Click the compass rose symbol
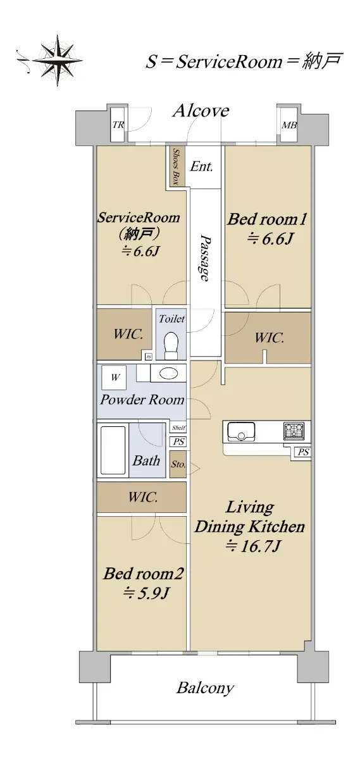coord(58,60)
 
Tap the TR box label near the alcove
coord(118,125)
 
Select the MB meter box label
coord(289,125)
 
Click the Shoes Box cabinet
coord(176,166)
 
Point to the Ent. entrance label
coord(201,166)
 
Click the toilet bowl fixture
coord(171,345)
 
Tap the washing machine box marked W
coord(115,377)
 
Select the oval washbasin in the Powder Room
coord(168,374)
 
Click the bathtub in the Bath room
coord(113,450)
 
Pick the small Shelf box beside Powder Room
coord(178,428)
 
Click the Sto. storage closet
coord(178,464)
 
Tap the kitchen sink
coord(241,431)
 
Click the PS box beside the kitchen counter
coord(303,452)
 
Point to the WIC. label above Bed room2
coord(143,497)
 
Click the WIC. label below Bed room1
coord(269,338)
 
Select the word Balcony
coord(205,688)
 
